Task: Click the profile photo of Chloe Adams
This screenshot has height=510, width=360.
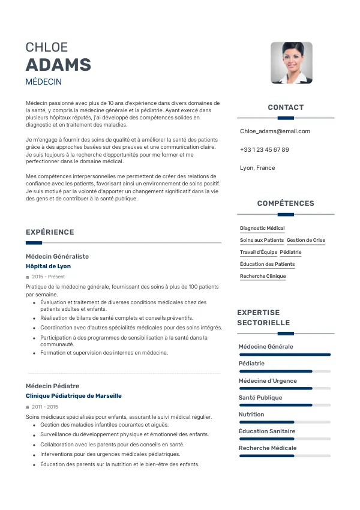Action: point(291,62)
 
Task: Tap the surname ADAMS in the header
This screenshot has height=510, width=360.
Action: point(58,65)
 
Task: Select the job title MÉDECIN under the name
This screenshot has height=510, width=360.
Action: point(44,82)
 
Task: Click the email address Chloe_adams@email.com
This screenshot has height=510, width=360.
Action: point(275,131)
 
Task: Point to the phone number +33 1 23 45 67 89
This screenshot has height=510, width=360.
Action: point(264,149)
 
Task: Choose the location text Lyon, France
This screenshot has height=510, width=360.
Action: point(257,168)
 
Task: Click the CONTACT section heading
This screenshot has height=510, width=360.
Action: point(286,107)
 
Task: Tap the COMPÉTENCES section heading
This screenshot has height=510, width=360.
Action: point(286,203)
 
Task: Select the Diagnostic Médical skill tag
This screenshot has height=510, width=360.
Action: point(262,229)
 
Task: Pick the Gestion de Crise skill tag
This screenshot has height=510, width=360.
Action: point(306,241)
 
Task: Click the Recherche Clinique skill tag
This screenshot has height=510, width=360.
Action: point(263,277)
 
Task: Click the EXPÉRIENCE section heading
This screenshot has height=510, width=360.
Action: point(50,232)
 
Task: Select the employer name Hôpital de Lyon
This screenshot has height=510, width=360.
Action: point(48,266)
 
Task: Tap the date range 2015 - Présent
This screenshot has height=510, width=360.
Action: point(48,277)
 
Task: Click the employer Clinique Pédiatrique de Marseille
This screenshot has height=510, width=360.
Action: point(74,396)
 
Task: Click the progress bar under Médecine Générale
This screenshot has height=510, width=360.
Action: point(285,355)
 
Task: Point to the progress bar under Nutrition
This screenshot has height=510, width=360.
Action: point(285,422)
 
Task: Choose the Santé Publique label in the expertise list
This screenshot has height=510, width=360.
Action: point(260,397)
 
